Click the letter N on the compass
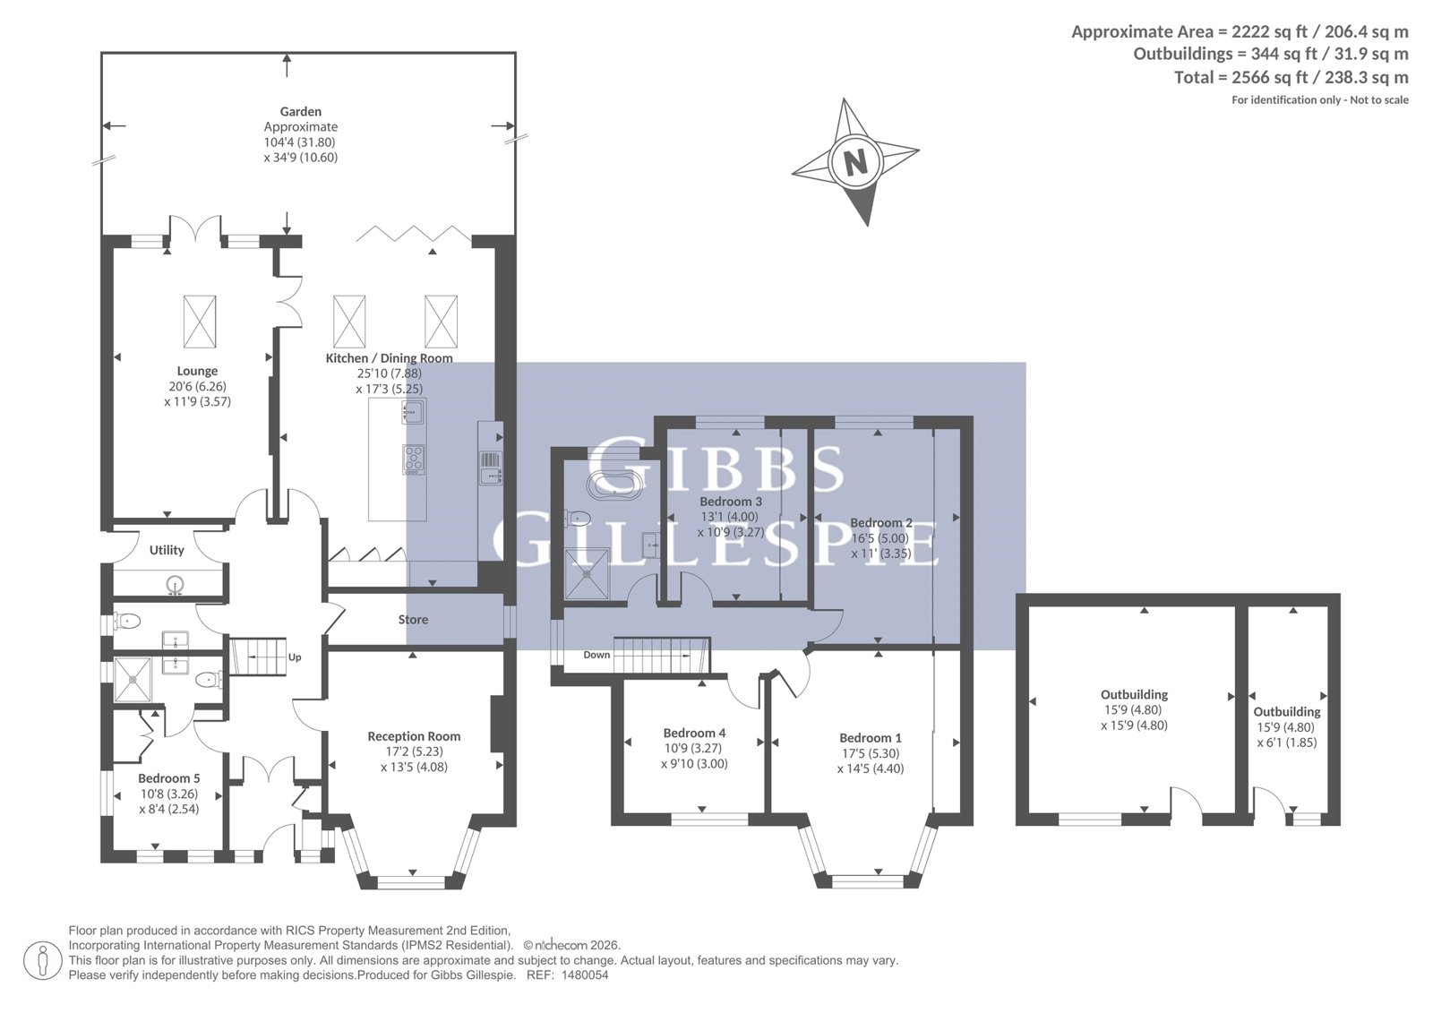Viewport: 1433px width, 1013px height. click(x=855, y=162)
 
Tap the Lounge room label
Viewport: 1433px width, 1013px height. click(x=197, y=371)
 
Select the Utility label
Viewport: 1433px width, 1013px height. click(x=167, y=550)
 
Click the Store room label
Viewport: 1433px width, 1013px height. click(x=413, y=620)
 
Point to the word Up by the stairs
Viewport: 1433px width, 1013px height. click(x=295, y=657)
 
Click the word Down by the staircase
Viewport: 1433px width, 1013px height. click(x=596, y=655)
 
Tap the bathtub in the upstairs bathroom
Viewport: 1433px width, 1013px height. click(x=615, y=485)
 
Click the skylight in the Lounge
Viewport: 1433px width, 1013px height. click(x=200, y=322)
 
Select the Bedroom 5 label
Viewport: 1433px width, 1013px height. click(x=169, y=779)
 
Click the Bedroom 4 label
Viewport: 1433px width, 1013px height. click(x=694, y=734)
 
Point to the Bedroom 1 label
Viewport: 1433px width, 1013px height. click(x=871, y=738)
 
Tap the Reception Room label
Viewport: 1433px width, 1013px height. click(x=414, y=736)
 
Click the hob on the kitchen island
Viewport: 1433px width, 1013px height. click(x=414, y=459)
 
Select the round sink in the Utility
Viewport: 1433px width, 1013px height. click(x=174, y=584)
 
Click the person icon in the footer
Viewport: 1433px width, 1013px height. click(x=43, y=960)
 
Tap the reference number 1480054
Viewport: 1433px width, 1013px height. click(x=585, y=976)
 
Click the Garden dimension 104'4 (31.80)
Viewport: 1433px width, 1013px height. click(x=299, y=142)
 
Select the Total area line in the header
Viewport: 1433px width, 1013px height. click(x=1291, y=77)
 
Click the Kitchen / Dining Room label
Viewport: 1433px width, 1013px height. click(x=389, y=358)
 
